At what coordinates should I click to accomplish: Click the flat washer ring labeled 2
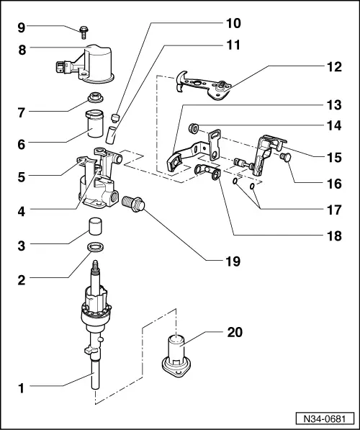click(94, 248)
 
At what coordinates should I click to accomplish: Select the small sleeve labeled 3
click(94, 226)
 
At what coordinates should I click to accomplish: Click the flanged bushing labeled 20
click(176, 356)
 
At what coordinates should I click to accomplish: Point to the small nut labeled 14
click(194, 129)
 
